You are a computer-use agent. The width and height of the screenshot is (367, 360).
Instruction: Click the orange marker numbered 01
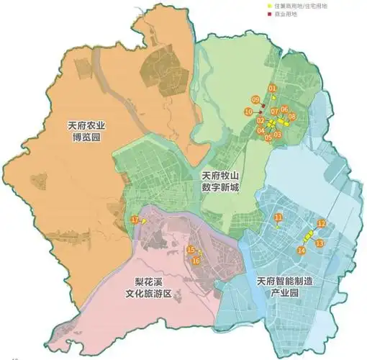tap(272, 89)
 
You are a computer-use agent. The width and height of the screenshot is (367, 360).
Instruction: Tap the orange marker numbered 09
tap(255, 99)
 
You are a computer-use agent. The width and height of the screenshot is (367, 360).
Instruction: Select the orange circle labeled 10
tap(248, 112)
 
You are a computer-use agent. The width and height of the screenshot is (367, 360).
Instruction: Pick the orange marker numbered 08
tap(291, 116)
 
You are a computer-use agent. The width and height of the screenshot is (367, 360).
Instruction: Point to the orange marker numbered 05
tap(268, 137)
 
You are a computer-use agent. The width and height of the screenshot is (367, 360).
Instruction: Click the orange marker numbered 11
tap(278, 217)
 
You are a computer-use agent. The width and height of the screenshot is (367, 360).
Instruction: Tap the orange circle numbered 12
tap(322, 224)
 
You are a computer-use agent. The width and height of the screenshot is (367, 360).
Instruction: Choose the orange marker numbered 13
tap(320, 243)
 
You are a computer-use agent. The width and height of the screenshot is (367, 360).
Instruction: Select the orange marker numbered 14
tap(301, 250)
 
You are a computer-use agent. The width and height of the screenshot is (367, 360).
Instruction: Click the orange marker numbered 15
tap(190, 250)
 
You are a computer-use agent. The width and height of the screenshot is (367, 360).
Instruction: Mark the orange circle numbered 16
tap(195, 261)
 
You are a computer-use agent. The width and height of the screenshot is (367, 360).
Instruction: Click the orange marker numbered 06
tap(284, 109)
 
